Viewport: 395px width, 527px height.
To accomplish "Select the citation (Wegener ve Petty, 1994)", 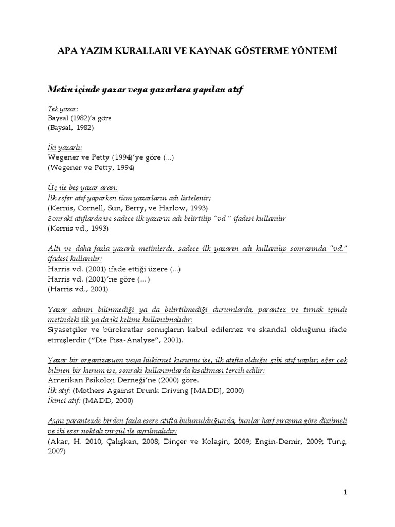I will point(92,167).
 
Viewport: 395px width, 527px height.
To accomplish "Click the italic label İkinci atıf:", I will point(64,400).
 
